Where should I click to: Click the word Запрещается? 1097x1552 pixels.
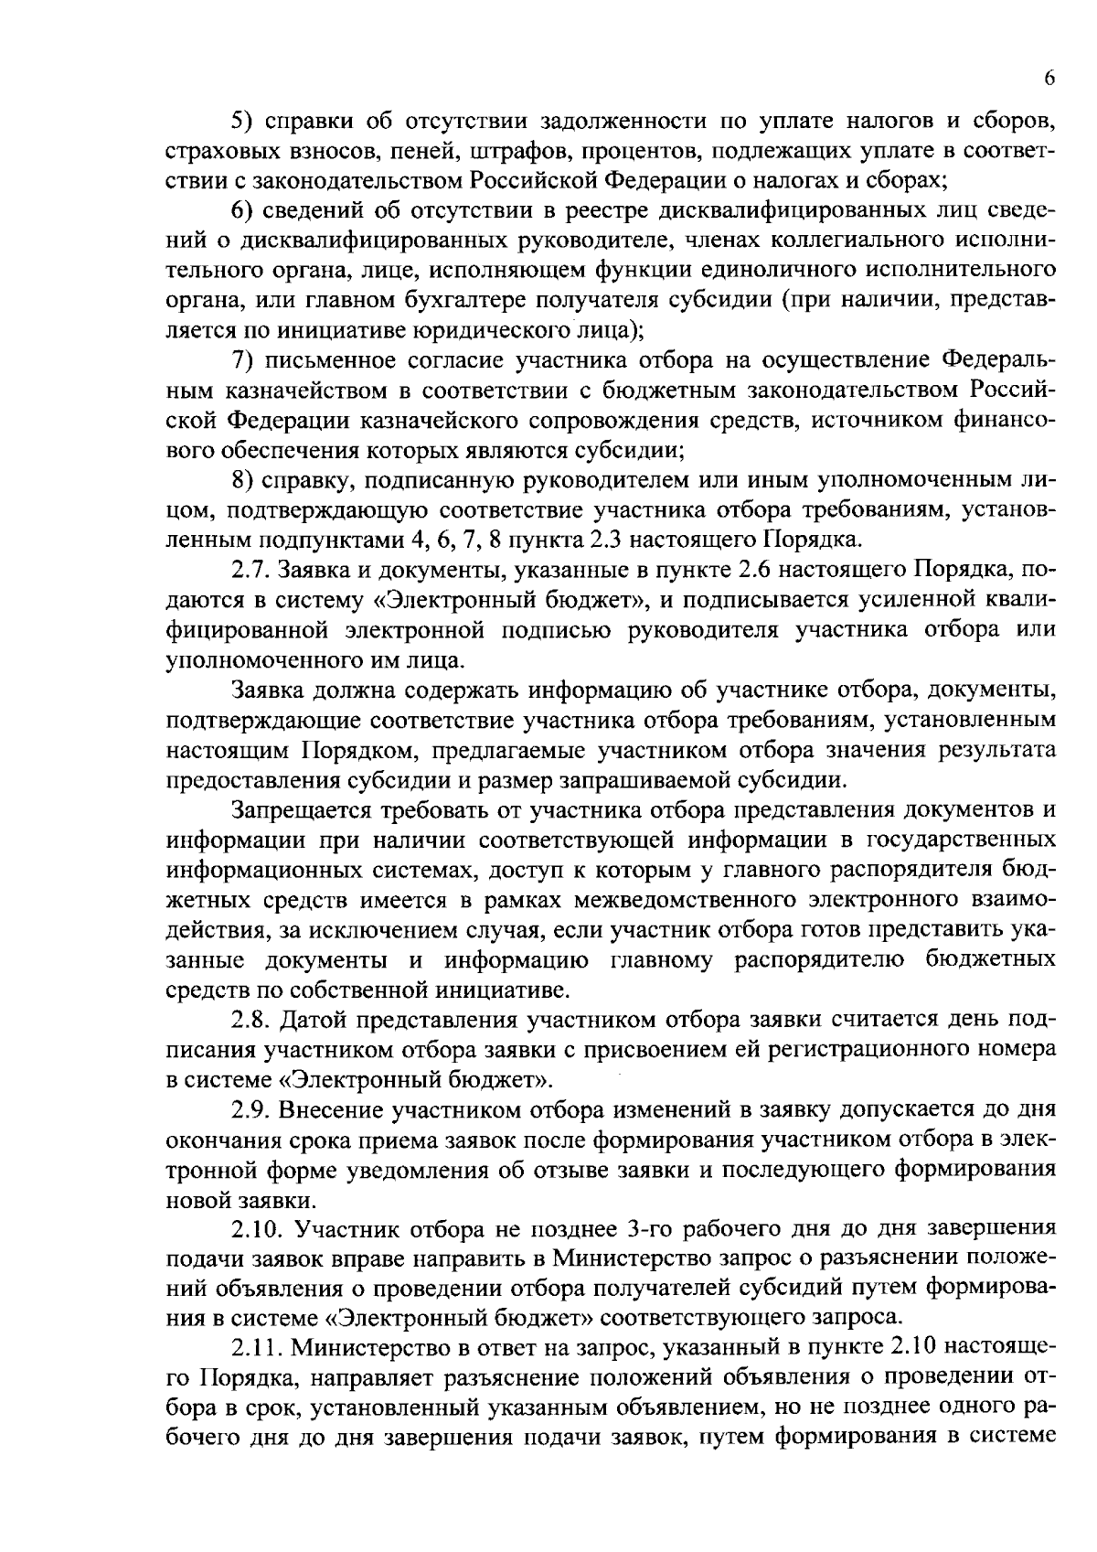click(x=291, y=810)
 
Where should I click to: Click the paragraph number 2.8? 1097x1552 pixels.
click(x=249, y=1020)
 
